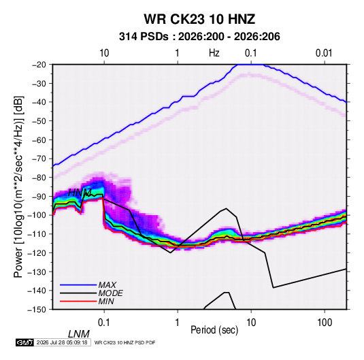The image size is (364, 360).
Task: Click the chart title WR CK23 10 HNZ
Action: pyautogui.click(x=199, y=19)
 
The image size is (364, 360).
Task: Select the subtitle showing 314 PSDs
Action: pyautogui.click(x=199, y=37)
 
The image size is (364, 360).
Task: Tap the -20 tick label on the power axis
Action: pyautogui.click(x=39, y=65)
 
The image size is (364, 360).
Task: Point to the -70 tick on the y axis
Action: pyautogui.click(x=39, y=159)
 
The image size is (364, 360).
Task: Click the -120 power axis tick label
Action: pyautogui.click(x=37, y=252)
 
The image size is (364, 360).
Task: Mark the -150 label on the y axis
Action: pyautogui.click(x=37, y=310)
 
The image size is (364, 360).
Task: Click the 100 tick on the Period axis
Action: pyautogui.click(x=325, y=322)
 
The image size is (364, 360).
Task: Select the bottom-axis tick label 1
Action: pyautogui.click(x=178, y=322)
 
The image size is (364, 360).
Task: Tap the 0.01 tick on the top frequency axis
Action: pyautogui.click(x=324, y=53)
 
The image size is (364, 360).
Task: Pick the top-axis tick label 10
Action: pyautogui.click(x=104, y=53)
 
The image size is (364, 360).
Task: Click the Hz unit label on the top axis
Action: pyautogui.click(x=214, y=53)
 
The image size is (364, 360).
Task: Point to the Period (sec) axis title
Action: pyautogui.click(x=214, y=330)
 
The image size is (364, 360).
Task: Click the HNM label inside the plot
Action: pyautogui.click(x=80, y=193)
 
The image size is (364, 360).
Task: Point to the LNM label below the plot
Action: pyautogui.click(x=78, y=334)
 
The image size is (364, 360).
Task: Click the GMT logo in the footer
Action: pyautogui.click(x=25, y=342)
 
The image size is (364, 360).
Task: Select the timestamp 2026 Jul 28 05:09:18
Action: pyautogui.click(x=62, y=342)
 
